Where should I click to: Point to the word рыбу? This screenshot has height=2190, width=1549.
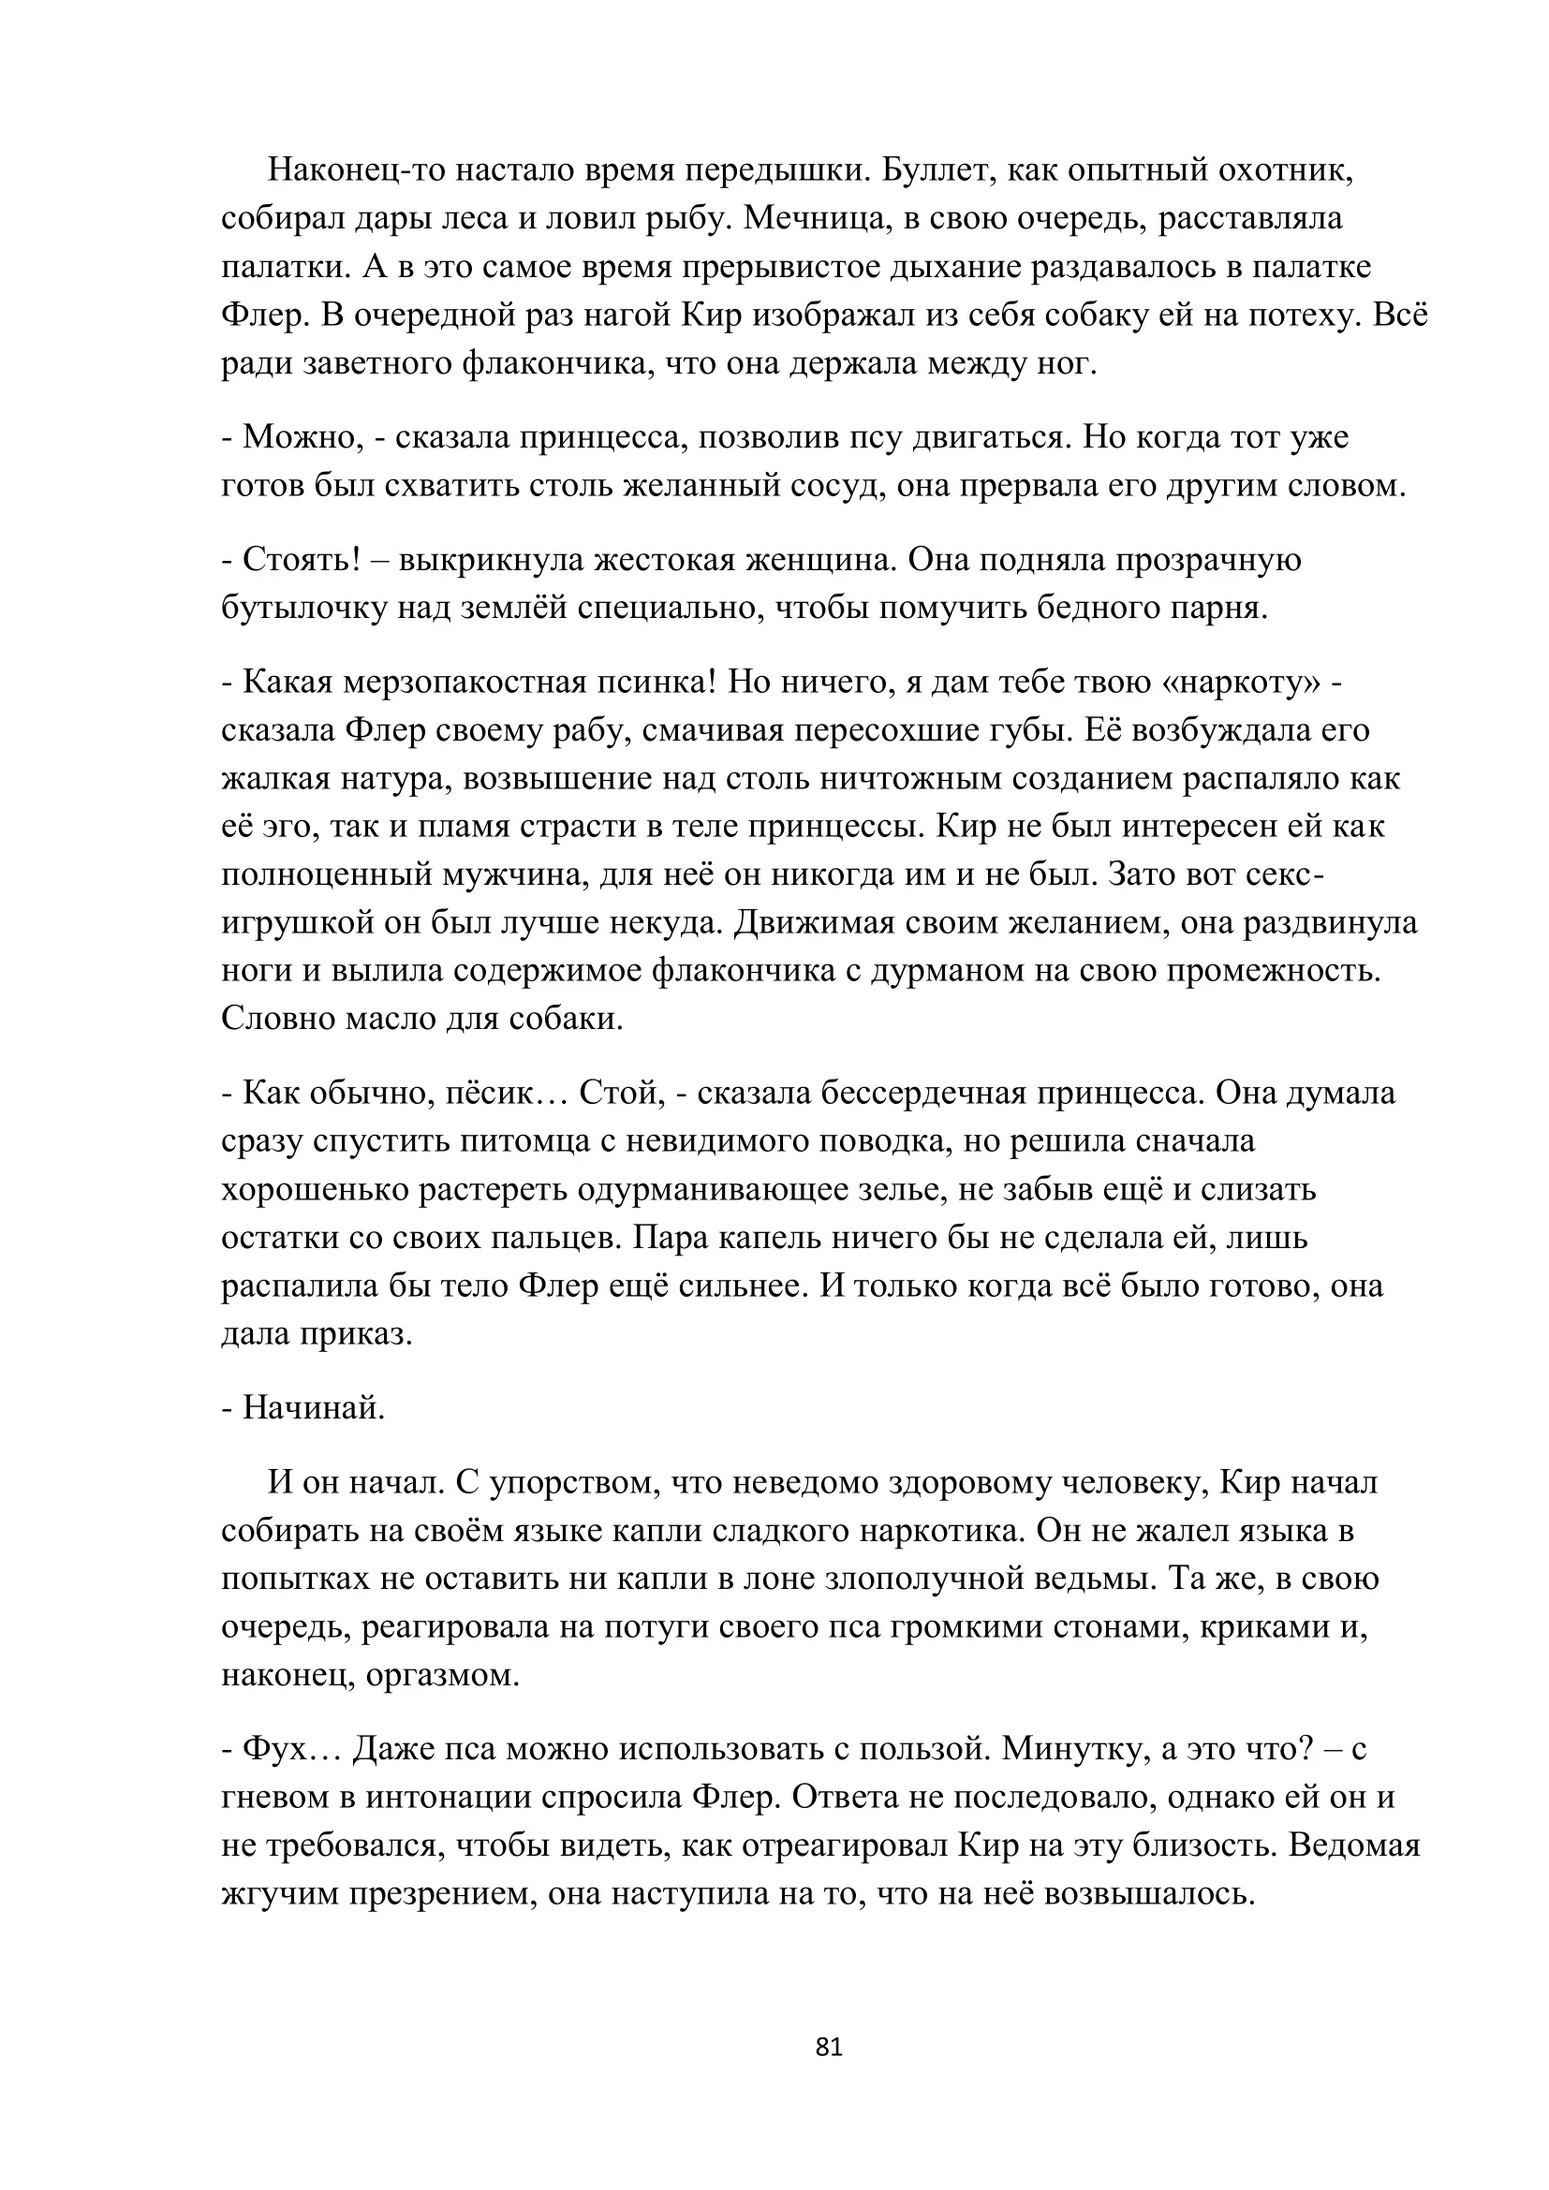pos(686,218)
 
